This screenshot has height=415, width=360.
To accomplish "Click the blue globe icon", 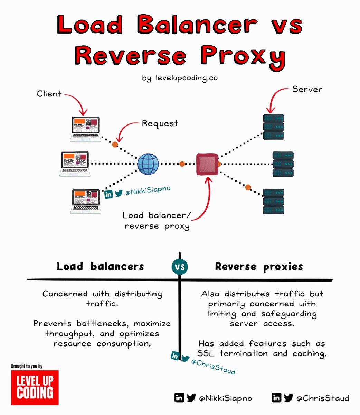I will [148, 164].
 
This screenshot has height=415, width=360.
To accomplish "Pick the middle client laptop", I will [75, 164].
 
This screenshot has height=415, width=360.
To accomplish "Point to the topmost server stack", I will [273, 127].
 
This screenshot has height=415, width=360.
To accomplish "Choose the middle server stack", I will [283, 164].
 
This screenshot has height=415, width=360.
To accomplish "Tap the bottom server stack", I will [273, 201].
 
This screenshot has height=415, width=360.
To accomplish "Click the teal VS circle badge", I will [180, 267].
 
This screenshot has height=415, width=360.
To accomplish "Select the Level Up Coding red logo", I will [35, 388].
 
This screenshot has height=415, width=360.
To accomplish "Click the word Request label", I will [160, 123].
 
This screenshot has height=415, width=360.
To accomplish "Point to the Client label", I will [49, 94].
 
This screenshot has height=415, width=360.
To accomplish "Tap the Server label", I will [307, 89].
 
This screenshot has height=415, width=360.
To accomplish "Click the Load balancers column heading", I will [100, 267].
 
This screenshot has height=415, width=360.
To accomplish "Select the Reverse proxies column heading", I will [259, 267].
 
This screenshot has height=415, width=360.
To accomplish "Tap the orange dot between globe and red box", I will [182, 164].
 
